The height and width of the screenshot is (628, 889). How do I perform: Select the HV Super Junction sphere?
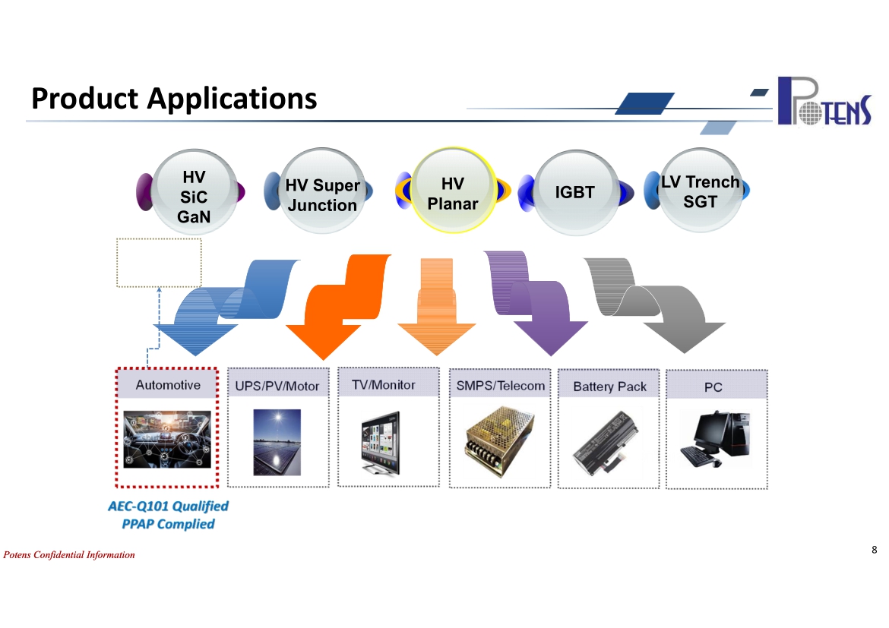[x=322, y=191]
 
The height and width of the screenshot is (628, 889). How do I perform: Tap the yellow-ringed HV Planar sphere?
[x=452, y=191]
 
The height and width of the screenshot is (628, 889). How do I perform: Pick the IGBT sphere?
[x=575, y=193]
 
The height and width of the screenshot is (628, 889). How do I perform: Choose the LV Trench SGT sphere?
[x=701, y=191]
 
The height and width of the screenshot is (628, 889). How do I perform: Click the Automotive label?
[x=168, y=385]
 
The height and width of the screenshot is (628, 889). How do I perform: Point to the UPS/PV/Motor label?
[x=277, y=386]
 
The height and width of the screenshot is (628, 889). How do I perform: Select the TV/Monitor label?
[x=383, y=385]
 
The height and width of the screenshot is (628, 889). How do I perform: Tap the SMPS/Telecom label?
[x=500, y=386]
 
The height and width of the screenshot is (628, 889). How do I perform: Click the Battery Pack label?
[x=609, y=387]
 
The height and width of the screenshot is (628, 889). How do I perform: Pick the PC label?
[x=713, y=387]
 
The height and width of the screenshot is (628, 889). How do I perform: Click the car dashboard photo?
[x=167, y=439]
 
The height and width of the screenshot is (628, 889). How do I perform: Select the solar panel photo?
[x=277, y=442]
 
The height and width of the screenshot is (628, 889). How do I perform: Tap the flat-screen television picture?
[x=381, y=443]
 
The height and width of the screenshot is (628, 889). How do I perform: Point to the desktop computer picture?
[x=716, y=440]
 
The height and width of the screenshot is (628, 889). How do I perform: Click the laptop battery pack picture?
[x=606, y=443]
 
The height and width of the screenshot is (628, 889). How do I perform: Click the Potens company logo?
[x=824, y=101]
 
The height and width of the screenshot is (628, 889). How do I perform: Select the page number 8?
[x=875, y=549]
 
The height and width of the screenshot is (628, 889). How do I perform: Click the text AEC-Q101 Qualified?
[x=169, y=507]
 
